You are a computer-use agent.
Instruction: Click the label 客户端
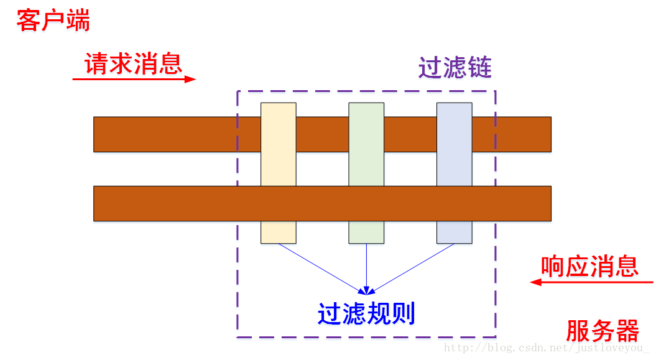tap(53, 21)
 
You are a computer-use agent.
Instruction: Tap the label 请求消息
tap(133, 63)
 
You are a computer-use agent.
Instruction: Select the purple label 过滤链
tap(455, 68)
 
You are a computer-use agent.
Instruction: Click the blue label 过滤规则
tap(366, 314)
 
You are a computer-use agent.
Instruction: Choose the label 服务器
tap(603, 331)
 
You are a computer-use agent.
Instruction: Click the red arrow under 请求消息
tap(134, 79)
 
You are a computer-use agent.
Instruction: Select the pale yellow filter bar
tap(278, 173)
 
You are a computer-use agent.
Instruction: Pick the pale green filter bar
tap(366, 173)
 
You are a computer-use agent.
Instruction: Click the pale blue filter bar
tap(454, 173)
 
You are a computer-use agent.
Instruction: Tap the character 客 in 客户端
tap(29, 21)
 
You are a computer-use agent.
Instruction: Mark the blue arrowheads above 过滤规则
tap(366, 289)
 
